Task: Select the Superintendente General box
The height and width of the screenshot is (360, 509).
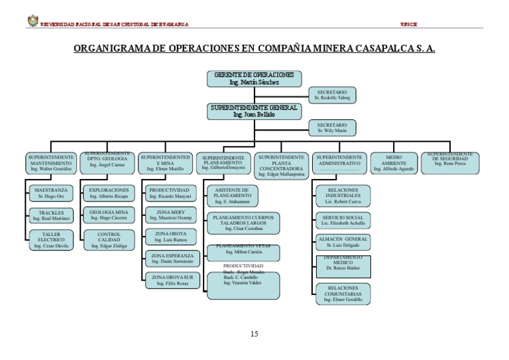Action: click(254, 111)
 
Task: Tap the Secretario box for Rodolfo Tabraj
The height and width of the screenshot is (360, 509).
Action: click(331, 95)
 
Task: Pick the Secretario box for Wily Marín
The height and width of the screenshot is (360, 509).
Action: click(331, 127)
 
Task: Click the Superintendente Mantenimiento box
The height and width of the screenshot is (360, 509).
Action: click(50, 163)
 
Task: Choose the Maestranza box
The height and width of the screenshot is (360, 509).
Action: click(50, 193)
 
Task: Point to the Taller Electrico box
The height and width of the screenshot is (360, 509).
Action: click(50, 239)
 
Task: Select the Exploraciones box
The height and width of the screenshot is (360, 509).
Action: click(109, 193)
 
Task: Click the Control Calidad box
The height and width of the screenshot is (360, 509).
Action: click(109, 239)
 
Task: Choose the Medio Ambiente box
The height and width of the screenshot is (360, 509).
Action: click(394, 163)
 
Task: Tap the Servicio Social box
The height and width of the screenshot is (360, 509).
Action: click(342, 220)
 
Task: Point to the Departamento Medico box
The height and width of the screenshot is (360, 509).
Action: click(342, 265)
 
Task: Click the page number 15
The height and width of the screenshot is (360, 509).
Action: click(254, 333)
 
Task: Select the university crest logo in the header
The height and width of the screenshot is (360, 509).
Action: click(32, 21)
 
